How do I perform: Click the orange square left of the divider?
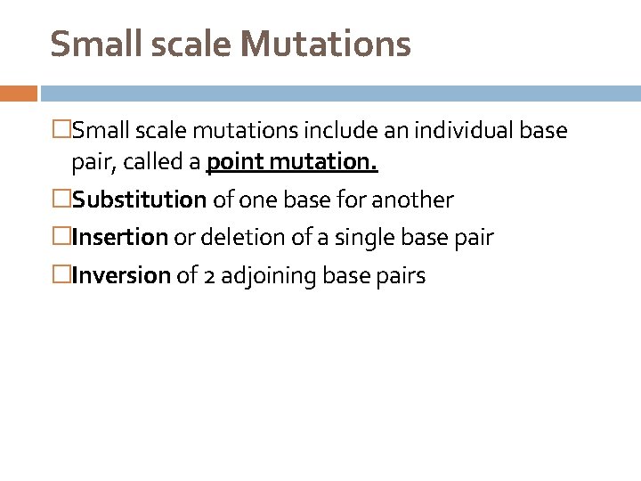click(18, 93)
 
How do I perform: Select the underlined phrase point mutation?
click(292, 164)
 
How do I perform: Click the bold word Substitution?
click(140, 200)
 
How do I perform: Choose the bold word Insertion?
click(119, 238)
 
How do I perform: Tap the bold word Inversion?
click(120, 276)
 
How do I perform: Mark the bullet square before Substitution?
click(62, 200)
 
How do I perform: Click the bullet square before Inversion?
click(62, 276)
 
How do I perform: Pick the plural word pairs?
click(401, 276)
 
